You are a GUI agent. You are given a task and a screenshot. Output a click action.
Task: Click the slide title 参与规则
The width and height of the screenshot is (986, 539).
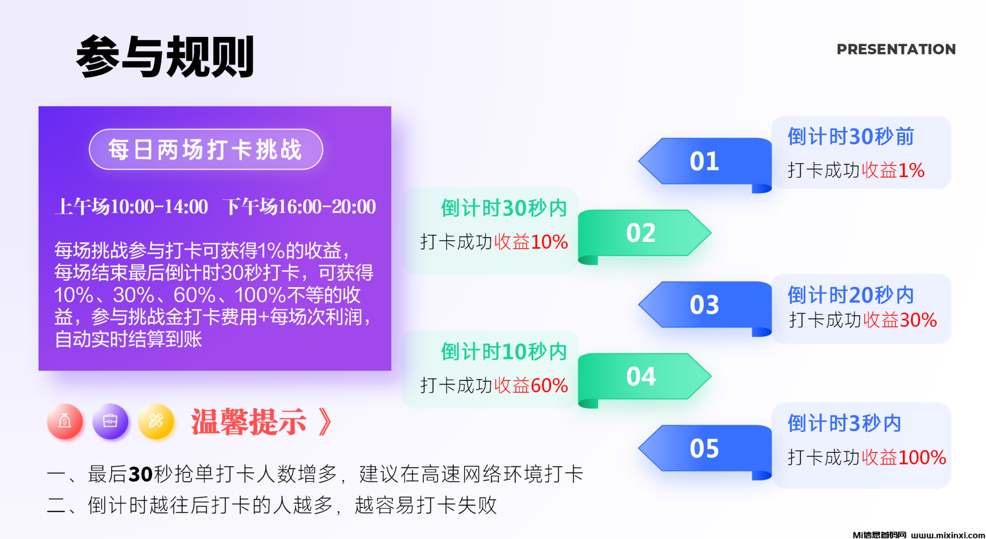[165, 56]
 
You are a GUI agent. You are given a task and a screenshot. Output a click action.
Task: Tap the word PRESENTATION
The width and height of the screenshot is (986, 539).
[896, 49]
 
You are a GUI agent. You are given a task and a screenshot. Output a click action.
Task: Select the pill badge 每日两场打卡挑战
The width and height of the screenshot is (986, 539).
[206, 149]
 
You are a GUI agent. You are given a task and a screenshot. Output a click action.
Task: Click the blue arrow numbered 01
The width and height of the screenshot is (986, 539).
[705, 163]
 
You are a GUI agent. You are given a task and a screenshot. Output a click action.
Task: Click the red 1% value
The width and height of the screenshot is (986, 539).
[911, 170]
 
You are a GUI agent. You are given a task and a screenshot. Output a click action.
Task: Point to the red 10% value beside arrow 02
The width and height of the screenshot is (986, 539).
[549, 242]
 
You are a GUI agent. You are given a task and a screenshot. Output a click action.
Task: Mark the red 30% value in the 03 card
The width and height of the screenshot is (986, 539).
[918, 320]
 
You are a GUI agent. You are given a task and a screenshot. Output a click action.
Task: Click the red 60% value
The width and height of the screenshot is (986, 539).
[549, 385]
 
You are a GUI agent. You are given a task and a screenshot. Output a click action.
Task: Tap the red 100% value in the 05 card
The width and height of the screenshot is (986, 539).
[922, 457]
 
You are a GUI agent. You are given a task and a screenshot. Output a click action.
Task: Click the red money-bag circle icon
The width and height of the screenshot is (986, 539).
[65, 422]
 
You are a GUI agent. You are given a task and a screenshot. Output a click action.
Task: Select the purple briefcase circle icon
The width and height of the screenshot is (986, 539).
[110, 422]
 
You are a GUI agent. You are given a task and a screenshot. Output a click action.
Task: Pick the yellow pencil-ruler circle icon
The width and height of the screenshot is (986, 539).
[156, 422]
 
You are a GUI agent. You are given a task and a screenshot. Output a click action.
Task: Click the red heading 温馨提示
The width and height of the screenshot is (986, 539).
[248, 422]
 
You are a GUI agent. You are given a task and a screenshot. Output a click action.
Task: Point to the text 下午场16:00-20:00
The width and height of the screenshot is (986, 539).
[299, 206]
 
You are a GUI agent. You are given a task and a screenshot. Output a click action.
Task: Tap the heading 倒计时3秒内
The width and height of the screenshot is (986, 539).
[844, 423]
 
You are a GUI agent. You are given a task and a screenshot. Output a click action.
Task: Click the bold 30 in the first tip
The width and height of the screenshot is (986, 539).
[141, 475]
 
